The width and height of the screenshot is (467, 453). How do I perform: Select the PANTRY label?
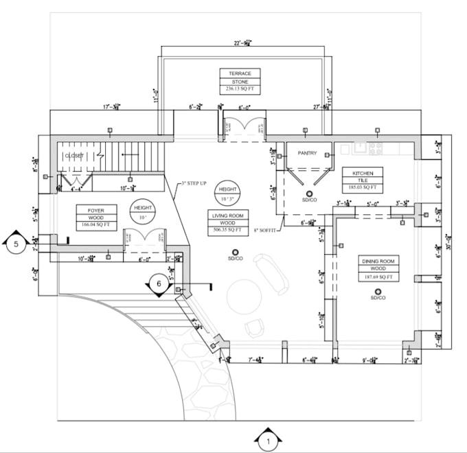(x=306, y=153)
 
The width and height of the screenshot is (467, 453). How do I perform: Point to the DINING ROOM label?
(x=377, y=262)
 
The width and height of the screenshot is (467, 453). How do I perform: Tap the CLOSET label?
(x=74, y=156)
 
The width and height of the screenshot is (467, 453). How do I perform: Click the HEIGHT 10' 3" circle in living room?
(x=227, y=193)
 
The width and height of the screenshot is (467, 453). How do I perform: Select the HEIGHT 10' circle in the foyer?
(x=144, y=211)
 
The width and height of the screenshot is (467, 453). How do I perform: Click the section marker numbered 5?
(x=14, y=244)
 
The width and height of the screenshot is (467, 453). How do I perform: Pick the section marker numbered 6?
(x=159, y=282)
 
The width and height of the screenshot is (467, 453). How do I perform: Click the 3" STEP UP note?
(x=194, y=184)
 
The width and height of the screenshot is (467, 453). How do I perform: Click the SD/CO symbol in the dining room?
(x=377, y=293)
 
